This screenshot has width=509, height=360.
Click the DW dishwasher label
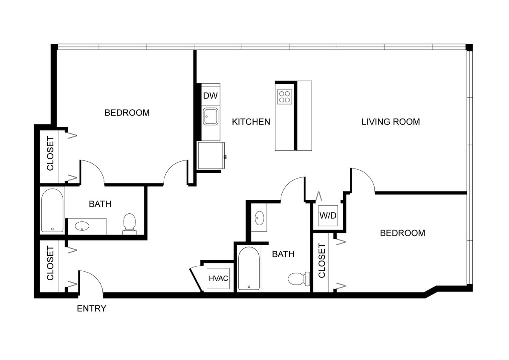coord(210,96)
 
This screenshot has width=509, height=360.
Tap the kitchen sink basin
coord(211,116)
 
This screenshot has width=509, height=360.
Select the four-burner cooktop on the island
coord(284,97)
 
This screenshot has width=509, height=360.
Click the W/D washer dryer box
coord(328,215)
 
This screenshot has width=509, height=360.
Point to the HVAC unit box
coord(218,279)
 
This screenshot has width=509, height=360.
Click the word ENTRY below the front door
coord(91,308)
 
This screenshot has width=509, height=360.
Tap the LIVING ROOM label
coord(390,122)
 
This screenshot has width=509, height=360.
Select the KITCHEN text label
coord(251,122)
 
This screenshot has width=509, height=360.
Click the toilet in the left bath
coord(129,224)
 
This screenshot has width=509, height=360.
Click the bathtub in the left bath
coord(52,210)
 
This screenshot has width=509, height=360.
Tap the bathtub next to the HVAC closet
coord(248,269)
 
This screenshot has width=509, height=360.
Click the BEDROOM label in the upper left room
coord(127,113)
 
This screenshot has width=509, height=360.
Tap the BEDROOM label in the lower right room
coord(402,233)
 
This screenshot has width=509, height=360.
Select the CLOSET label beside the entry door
coord(50,263)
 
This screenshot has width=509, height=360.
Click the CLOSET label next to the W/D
coord(322,260)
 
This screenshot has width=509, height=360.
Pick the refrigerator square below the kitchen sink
coord(211,156)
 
